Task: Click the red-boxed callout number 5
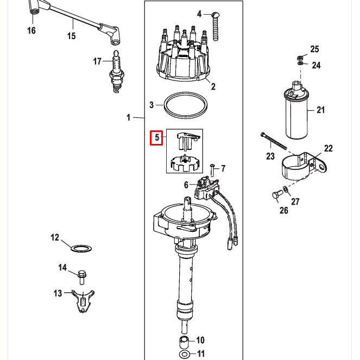[x=157, y=138]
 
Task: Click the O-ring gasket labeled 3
[x=185, y=105]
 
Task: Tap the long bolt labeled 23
[x=274, y=141]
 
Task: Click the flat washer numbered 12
[x=81, y=249]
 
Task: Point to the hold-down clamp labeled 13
[x=83, y=300]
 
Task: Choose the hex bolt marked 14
[x=81, y=276]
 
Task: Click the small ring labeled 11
[x=184, y=354]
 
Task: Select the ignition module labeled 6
[x=207, y=187]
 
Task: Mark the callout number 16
[x=31, y=30]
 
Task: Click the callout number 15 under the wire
[x=72, y=36]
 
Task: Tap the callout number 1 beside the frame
[x=129, y=117]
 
